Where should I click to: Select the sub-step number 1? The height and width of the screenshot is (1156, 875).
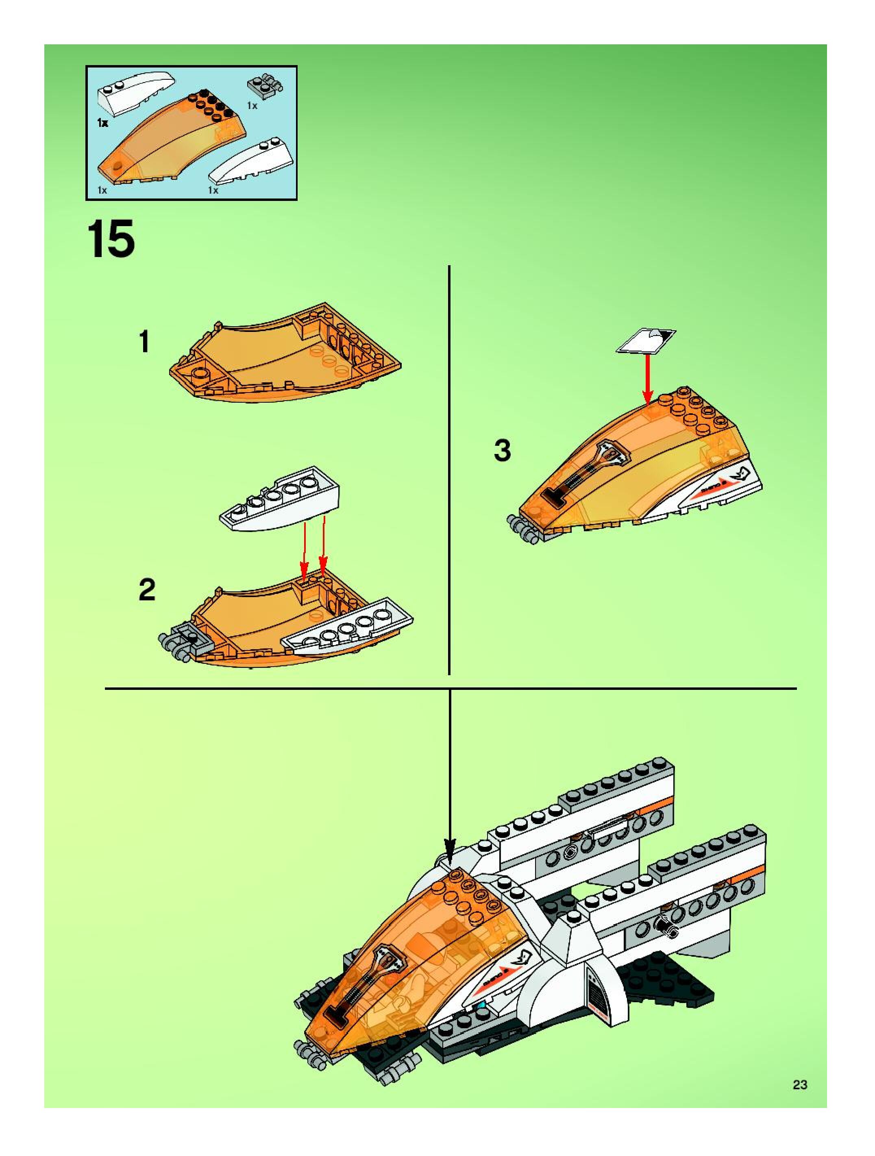(144, 342)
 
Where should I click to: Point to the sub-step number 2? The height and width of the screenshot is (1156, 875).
(147, 590)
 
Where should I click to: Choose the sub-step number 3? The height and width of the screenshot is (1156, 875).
(502, 451)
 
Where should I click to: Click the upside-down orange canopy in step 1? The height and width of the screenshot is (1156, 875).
(285, 356)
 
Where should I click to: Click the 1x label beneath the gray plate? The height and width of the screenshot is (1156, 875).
(252, 106)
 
